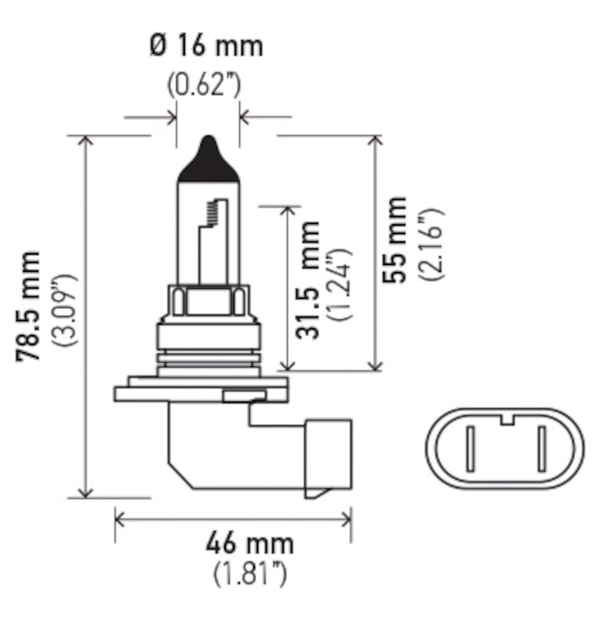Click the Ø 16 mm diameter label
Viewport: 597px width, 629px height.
205,45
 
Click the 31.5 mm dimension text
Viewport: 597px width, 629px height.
309,281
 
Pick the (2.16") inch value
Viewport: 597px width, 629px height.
431,245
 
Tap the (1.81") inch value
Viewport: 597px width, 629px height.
250,574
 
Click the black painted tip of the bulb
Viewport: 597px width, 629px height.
208,157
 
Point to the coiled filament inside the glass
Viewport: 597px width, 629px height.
212,211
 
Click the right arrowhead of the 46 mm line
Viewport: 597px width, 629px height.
345,518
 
